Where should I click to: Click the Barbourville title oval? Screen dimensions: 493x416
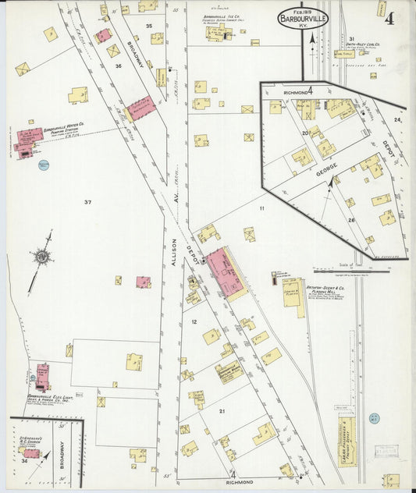302,19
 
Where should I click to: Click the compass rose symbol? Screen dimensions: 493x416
41,256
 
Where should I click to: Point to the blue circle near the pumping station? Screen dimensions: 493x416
44,165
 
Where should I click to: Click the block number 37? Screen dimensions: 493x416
88,203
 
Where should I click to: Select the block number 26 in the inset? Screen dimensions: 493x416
351,220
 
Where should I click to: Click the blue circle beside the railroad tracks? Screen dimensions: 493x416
375,418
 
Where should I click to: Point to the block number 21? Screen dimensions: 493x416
222,410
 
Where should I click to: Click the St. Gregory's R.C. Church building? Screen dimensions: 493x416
31,452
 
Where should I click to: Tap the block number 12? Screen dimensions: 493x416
193,321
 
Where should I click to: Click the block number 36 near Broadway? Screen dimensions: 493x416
119,66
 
